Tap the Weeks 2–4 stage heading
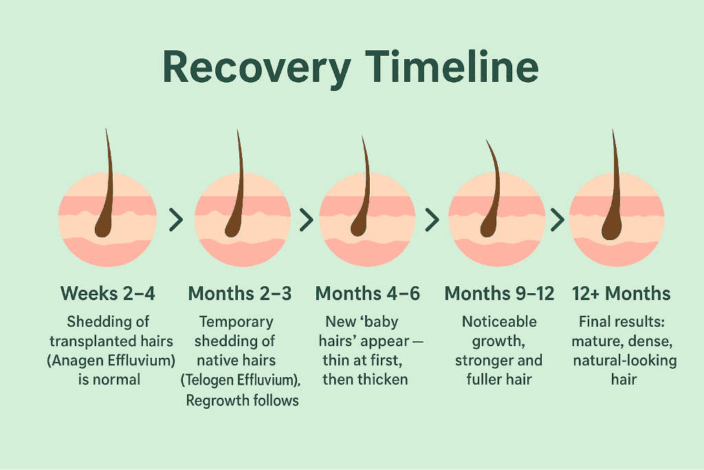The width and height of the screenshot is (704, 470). (x=108, y=294)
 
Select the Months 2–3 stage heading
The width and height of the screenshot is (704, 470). (x=240, y=294)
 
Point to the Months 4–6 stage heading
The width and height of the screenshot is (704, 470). (x=368, y=294)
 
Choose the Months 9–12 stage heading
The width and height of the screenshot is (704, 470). (x=500, y=294)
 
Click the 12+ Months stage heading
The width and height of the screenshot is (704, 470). (x=621, y=294)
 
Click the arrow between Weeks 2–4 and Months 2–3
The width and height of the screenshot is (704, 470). (x=176, y=220)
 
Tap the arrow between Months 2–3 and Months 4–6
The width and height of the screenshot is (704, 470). (x=306, y=220)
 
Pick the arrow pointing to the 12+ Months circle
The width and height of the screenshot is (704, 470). (x=558, y=220)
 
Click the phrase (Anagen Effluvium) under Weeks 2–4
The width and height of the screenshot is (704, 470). (x=108, y=360)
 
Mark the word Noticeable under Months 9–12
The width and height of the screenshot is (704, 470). (x=500, y=321)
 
